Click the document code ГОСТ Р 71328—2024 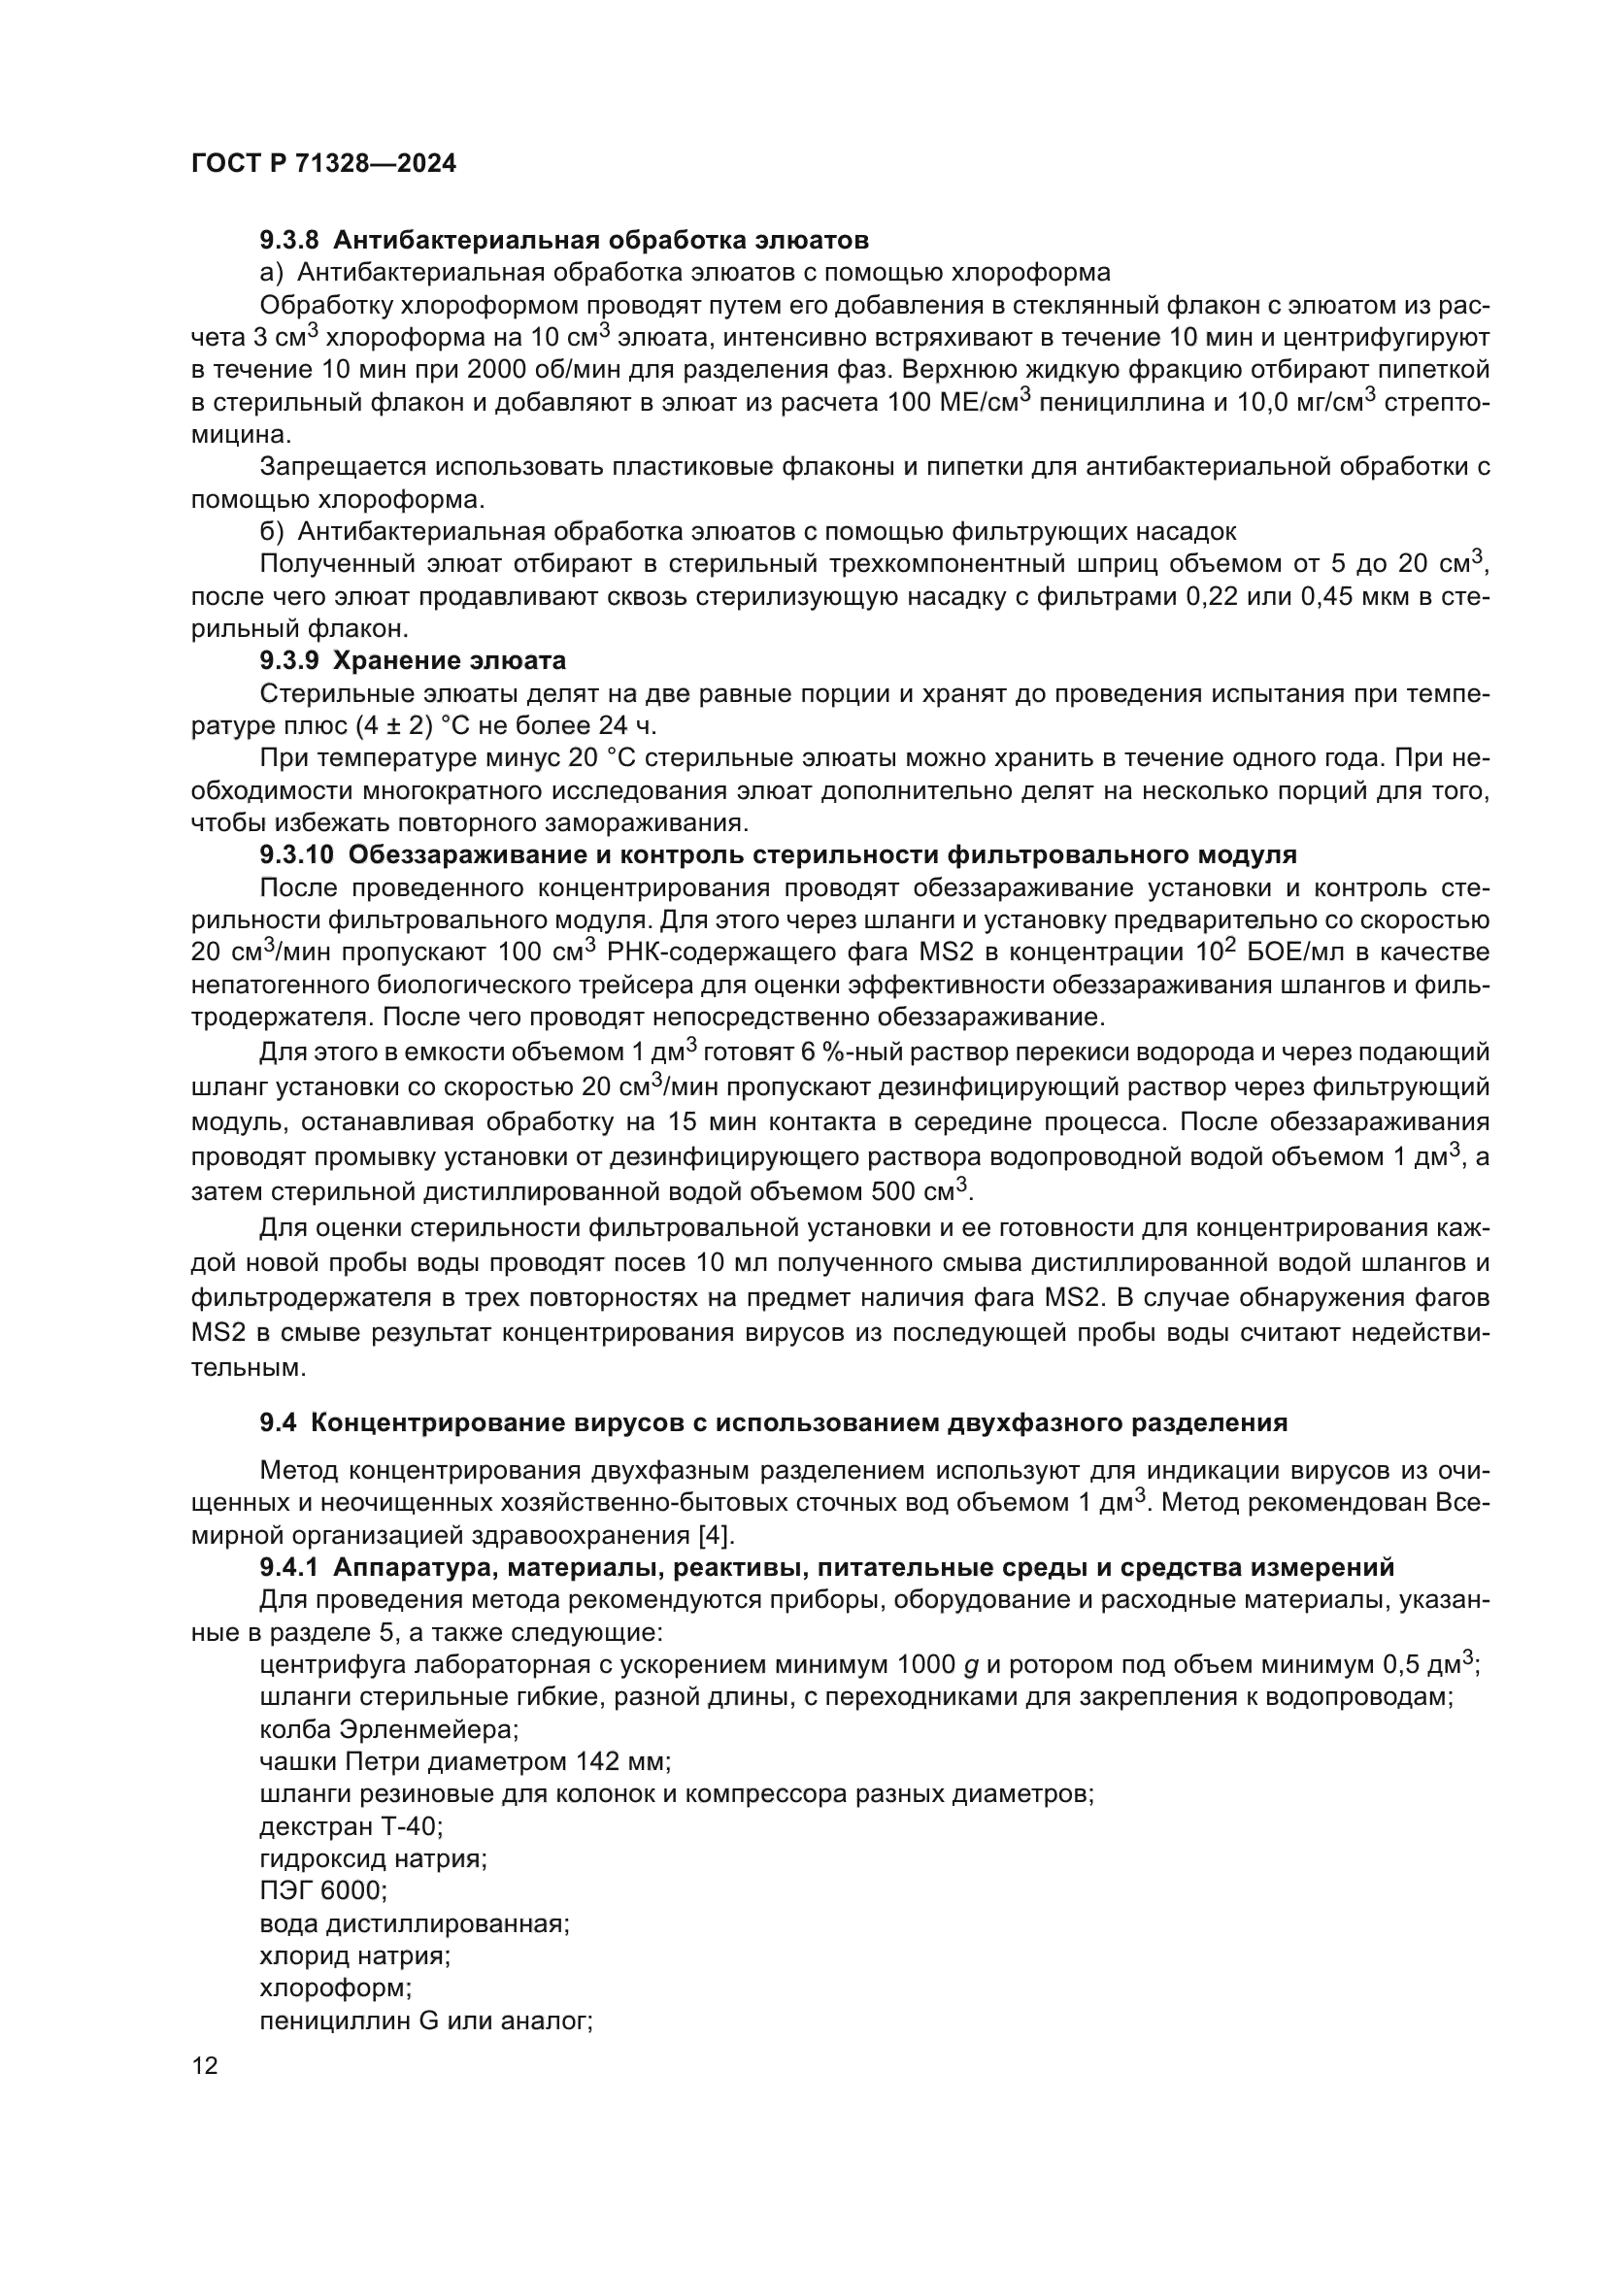[323, 164]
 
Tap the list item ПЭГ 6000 [323, 1891]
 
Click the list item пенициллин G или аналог [425, 2021]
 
